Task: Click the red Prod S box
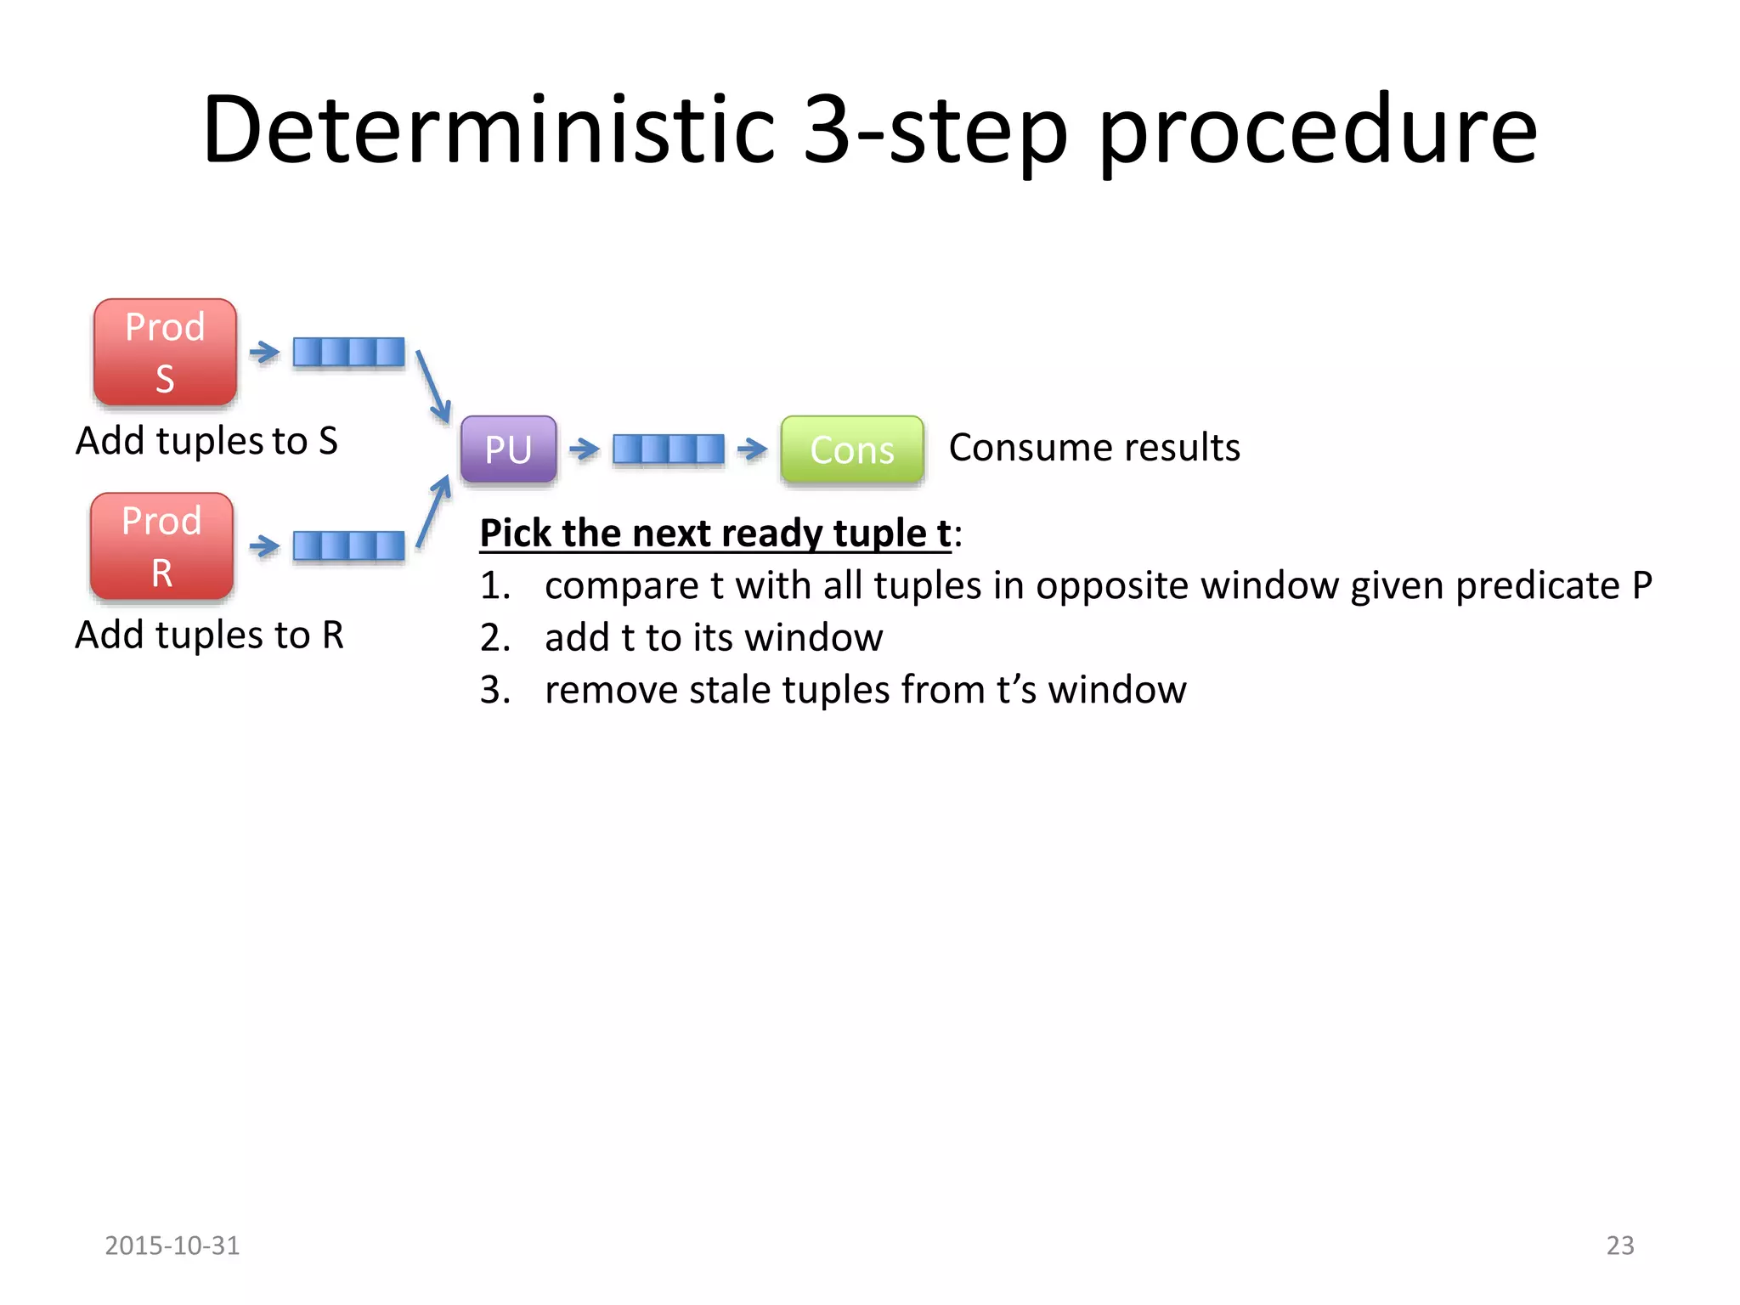click(x=165, y=352)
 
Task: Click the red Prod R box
click(x=161, y=546)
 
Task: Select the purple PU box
click(x=508, y=449)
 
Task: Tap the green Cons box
click(x=852, y=449)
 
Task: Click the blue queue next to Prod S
click(x=348, y=352)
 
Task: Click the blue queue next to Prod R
click(x=348, y=546)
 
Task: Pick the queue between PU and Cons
click(x=669, y=449)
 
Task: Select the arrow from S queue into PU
click(x=433, y=387)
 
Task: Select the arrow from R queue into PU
click(x=434, y=511)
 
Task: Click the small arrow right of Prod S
click(x=264, y=352)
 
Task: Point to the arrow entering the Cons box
click(x=752, y=449)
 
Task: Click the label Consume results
click(x=1094, y=448)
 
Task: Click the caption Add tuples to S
click(x=206, y=441)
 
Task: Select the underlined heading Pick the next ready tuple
click(x=715, y=534)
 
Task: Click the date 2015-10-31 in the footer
click(x=172, y=1246)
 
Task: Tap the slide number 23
click(x=1619, y=1246)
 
